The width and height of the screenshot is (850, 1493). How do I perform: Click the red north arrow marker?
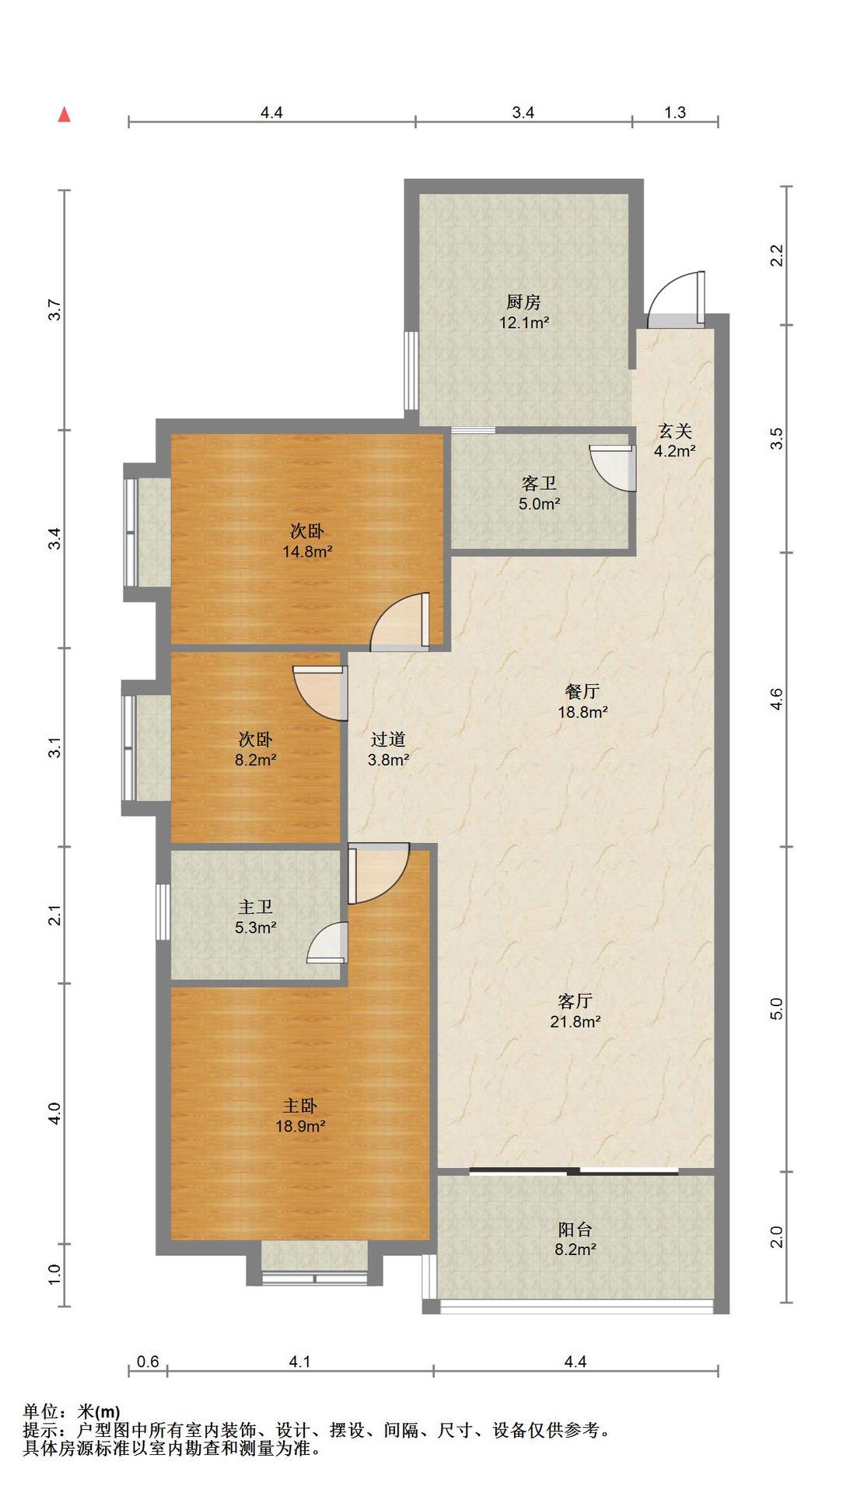(x=65, y=114)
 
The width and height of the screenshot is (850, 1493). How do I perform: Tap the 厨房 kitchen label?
(x=523, y=302)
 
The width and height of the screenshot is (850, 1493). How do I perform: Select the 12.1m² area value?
(x=524, y=322)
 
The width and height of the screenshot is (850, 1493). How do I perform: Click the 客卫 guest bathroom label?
(x=539, y=483)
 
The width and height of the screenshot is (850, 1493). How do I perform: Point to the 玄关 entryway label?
(x=674, y=430)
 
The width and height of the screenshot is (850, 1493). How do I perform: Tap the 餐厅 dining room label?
(x=582, y=691)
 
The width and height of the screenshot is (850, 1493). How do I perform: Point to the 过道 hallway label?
(x=388, y=740)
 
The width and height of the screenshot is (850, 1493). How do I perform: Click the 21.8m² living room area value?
(x=575, y=1022)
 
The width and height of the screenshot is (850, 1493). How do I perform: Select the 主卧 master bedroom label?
(x=299, y=1105)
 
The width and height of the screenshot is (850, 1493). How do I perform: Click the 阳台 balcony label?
(x=575, y=1229)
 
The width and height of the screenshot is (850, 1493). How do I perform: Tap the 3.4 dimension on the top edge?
(x=523, y=112)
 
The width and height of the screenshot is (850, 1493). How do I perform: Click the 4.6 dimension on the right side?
(x=776, y=699)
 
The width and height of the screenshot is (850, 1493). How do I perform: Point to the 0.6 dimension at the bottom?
(x=148, y=1362)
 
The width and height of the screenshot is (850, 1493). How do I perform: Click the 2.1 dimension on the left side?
(x=54, y=914)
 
